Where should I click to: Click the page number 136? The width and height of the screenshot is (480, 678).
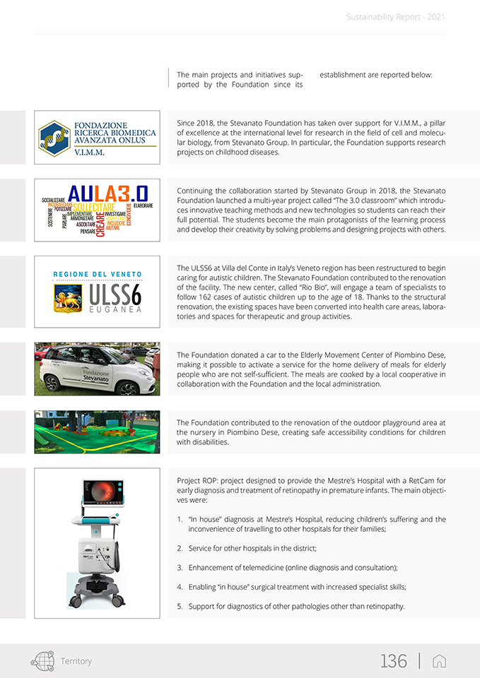[394, 661]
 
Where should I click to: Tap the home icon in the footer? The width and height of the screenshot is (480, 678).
[439, 661]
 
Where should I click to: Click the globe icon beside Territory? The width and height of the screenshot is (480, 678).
[42, 661]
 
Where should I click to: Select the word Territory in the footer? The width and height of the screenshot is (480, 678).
[76, 661]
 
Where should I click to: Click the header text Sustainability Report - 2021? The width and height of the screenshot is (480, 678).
[396, 16]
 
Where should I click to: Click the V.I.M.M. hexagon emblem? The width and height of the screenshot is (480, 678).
[54, 138]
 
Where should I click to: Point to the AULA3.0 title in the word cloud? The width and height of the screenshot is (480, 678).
[108, 194]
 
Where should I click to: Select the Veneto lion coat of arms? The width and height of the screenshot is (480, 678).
[67, 298]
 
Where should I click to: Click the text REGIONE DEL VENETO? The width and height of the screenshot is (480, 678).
[98, 274]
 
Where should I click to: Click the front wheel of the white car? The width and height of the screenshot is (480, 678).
[128, 388]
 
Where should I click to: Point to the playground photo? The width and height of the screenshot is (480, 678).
[97, 432]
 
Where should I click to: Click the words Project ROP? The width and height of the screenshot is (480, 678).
[197, 480]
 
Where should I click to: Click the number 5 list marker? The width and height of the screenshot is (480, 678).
[180, 606]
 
